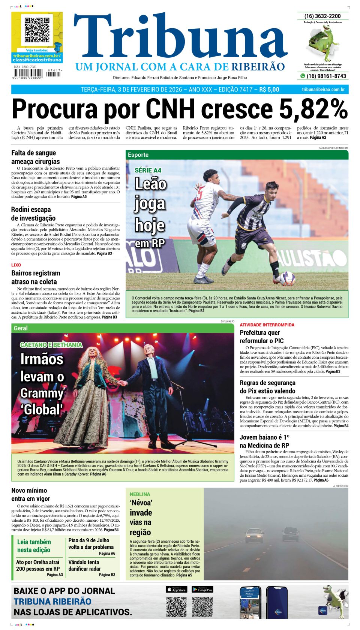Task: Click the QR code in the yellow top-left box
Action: click(x=37, y=30)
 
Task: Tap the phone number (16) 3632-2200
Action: click(x=322, y=16)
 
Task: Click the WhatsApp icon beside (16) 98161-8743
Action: click(x=303, y=76)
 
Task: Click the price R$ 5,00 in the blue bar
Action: click(x=269, y=90)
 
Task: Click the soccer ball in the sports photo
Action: click(x=287, y=278)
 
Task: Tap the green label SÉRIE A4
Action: click(x=148, y=170)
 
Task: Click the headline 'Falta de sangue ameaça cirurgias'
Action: click(x=36, y=157)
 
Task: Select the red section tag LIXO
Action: click(x=16, y=265)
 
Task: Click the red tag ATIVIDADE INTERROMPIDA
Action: click(x=267, y=325)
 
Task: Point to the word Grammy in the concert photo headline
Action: click(x=42, y=393)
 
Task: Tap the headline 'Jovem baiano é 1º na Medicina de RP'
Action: click(x=264, y=441)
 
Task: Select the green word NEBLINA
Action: click(x=140, y=494)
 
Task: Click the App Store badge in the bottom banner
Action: click(x=176, y=590)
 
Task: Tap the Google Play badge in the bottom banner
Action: click(x=202, y=590)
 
